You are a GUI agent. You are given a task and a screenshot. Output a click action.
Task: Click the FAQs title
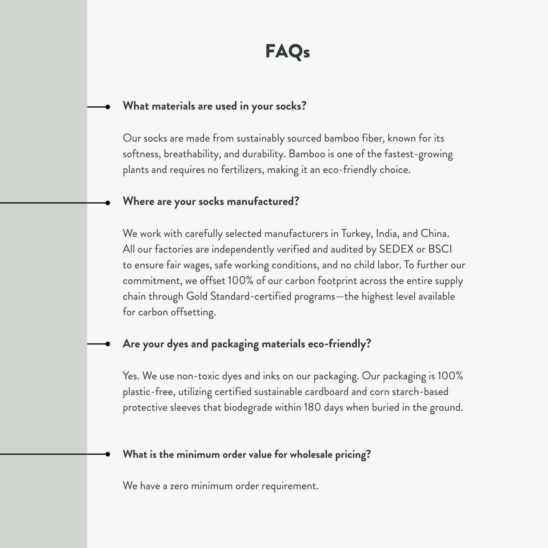point(287,51)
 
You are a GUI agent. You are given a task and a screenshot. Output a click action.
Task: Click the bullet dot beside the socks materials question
point(107,107)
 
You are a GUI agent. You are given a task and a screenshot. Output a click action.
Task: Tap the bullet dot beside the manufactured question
point(107,203)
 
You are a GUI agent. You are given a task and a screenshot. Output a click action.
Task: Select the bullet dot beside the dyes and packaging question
point(107,344)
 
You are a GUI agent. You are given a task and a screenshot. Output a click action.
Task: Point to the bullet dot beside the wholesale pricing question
point(107,454)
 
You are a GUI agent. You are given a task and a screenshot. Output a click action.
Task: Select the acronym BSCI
point(440,249)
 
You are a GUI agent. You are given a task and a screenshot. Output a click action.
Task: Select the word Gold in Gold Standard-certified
point(197,296)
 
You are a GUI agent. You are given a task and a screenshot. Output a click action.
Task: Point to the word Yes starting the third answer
point(131,376)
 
